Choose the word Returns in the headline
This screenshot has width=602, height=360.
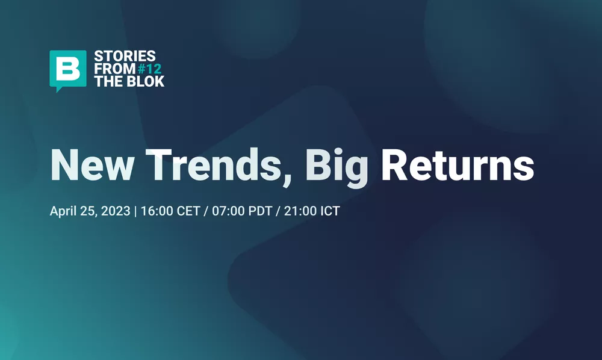[458, 164]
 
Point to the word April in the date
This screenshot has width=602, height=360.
[63, 213]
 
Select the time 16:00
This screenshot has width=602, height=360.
[154, 212]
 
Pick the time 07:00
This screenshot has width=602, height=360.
[222, 212]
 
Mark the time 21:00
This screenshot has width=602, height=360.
[291, 212]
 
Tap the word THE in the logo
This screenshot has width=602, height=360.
[107, 81]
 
